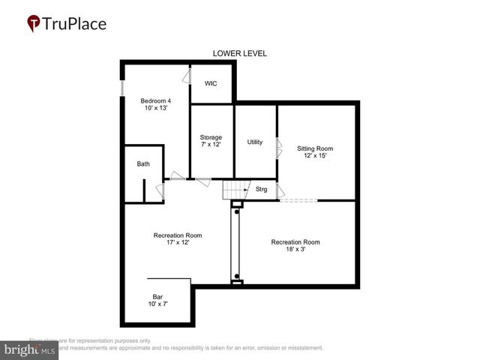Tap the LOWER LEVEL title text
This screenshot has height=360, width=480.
240,53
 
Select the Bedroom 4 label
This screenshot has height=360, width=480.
156,101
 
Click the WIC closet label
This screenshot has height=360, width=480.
211,83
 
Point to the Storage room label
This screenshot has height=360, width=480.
211,137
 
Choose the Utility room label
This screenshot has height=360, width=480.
255,142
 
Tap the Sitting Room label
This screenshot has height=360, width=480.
315,148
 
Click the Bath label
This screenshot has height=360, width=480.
142,163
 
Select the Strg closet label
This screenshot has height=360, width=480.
262,189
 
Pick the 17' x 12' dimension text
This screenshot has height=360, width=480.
178,242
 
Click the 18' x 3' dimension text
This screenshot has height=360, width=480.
295,249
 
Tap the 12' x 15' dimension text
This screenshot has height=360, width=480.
315,156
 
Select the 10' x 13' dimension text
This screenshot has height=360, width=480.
156,109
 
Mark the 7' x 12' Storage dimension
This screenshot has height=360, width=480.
211,145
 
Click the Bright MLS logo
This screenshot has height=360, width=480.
30,349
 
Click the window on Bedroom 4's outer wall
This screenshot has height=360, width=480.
122,83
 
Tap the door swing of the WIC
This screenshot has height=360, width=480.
185,77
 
